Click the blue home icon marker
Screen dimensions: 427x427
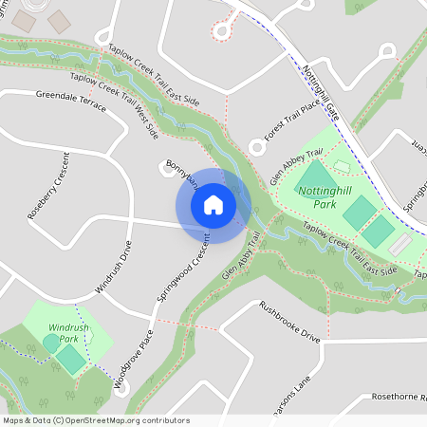pos(213,205)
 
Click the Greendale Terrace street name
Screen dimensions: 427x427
pos(71,100)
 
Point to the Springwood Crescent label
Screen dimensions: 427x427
pos(183,275)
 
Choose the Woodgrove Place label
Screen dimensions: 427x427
pos(134,360)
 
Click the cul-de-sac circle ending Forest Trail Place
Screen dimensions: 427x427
pos(255,148)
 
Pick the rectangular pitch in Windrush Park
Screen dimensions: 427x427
pos(69,359)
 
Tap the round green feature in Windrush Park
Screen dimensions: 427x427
pos(49,342)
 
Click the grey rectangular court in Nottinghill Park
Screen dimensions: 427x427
pos(400,245)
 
